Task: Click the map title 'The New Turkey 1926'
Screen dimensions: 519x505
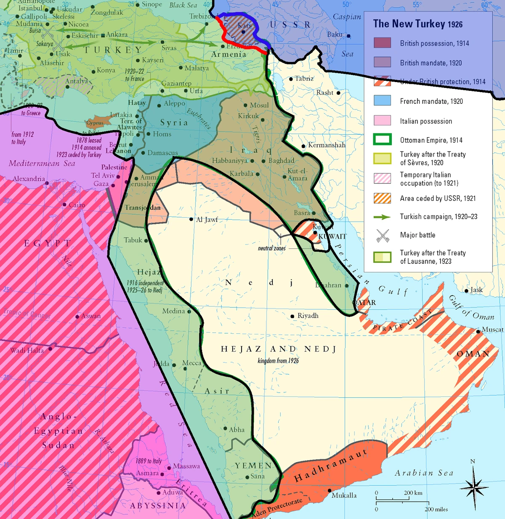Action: coord(417,24)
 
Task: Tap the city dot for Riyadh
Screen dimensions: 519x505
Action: coord(292,316)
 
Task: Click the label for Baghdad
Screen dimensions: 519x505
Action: coord(281,160)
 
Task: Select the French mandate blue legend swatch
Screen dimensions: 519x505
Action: coord(382,101)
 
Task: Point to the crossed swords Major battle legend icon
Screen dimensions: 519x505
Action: coord(382,235)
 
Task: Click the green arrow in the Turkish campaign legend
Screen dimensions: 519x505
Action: coord(382,217)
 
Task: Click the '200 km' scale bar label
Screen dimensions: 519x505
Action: coord(413,492)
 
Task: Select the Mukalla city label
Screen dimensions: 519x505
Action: coord(344,495)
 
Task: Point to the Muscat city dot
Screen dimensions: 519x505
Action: coord(478,332)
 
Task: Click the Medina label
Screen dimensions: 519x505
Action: coord(173,311)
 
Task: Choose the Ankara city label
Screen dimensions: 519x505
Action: coord(117,35)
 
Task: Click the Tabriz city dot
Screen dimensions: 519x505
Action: coord(291,79)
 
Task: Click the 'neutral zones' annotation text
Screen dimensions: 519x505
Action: coord(271,248)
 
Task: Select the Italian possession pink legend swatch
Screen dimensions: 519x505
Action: coord(382,120)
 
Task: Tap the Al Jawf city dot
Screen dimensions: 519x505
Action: coord(191,219)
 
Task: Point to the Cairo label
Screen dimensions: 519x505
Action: coord(77,205)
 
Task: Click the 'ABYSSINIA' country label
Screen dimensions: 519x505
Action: coord(158,506)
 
